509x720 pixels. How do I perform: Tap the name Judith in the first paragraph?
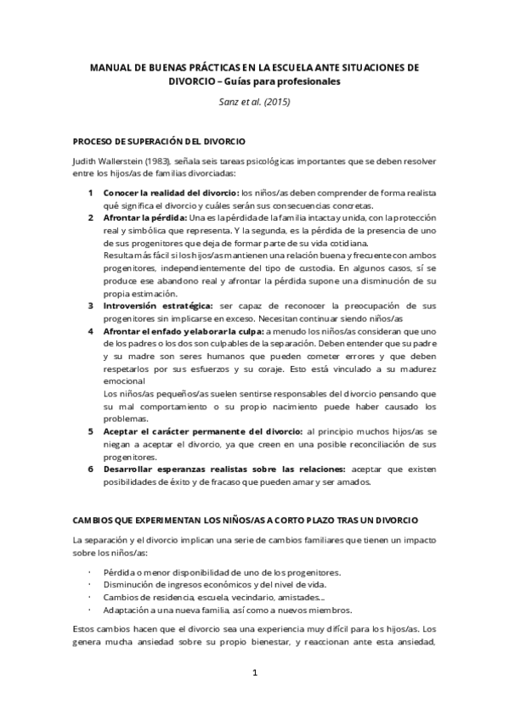point(87,161)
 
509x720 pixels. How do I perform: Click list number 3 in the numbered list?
point(92,305)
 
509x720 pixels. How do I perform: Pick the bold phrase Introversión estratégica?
point(158,305)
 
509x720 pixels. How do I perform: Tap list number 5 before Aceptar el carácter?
point(92,432)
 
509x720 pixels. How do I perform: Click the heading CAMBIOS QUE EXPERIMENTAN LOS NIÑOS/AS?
point(246,520)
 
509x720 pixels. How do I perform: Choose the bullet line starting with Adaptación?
point(220,610)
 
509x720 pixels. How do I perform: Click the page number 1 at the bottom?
point(253,673)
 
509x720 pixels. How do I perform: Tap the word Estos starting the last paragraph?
point(85,631)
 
